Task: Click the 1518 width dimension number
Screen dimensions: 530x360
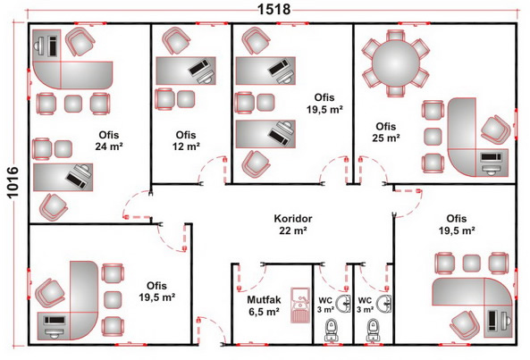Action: coord(273,9)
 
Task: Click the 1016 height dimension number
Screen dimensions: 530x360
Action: coord(13,182)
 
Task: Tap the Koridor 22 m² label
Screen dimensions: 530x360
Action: coord(293,224)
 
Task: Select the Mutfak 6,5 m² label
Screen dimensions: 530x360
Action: coord(264,306)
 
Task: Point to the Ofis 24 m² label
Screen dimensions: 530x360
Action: coord(109,140)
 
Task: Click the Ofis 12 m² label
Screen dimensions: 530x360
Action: coord(186,140)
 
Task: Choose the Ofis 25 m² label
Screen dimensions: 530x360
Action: coord(386,132)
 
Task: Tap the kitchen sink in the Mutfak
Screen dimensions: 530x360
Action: coord(300,306)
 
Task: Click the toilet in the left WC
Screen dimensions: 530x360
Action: coord(332,330)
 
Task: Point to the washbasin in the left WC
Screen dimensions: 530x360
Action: coord(344,304)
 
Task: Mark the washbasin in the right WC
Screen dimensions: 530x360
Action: coord(384,304)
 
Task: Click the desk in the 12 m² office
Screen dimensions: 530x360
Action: coord(186,71)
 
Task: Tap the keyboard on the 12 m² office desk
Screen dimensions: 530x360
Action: coord(198,67)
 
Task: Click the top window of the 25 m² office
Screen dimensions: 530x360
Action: coord(414,23)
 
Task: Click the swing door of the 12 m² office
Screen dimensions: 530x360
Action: coord(212,171)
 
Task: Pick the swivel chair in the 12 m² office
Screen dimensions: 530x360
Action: coord(175,40)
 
